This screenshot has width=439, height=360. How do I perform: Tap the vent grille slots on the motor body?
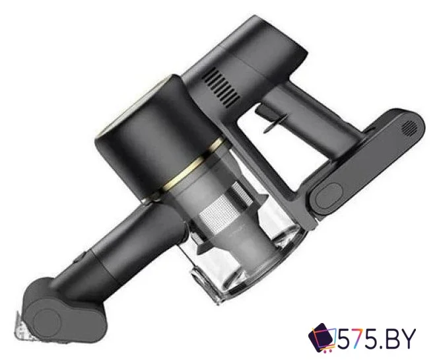pos(221,87)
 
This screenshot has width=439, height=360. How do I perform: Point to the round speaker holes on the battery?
pos(409,128)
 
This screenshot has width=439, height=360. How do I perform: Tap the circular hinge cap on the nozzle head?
pos(47,323)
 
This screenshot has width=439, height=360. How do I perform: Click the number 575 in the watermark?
pos(363,339)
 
